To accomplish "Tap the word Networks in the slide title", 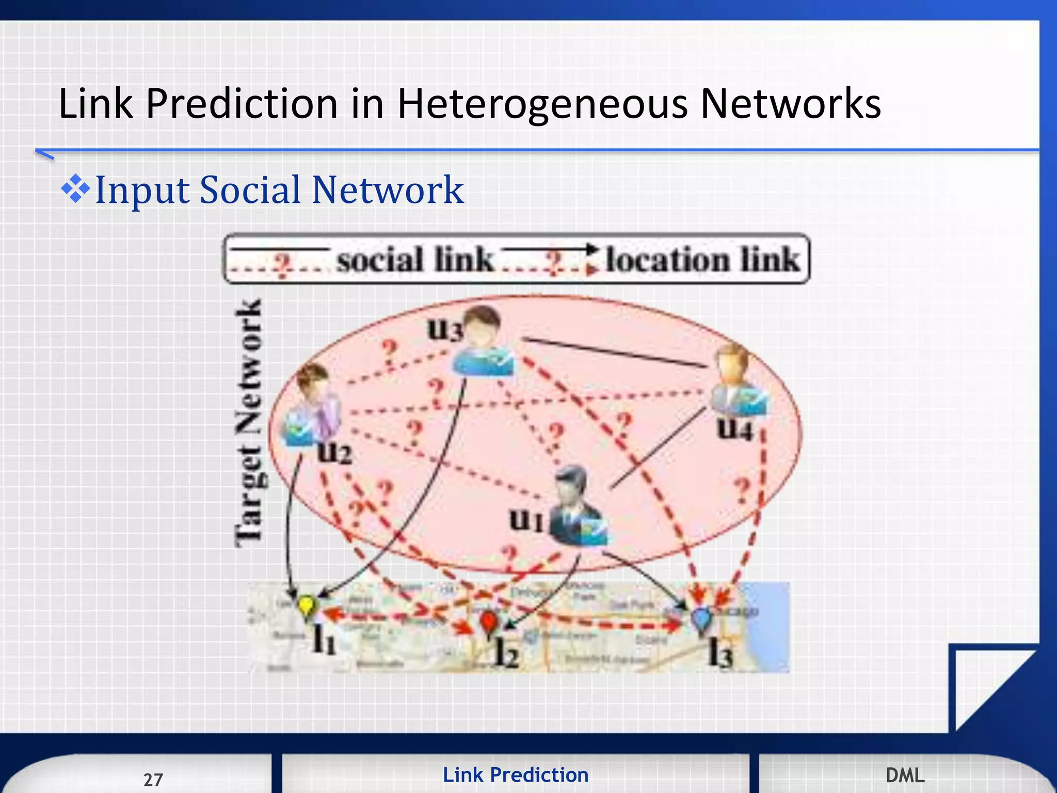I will (790, 104).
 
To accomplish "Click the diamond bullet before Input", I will (75, 189).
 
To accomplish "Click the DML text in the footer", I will (905, 775).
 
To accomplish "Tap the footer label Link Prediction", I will (516, 775).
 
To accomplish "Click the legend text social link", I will (415, 259).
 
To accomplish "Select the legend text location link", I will (702, 259).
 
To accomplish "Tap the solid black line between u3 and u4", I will (614, 352).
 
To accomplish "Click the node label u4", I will (735, 429).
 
